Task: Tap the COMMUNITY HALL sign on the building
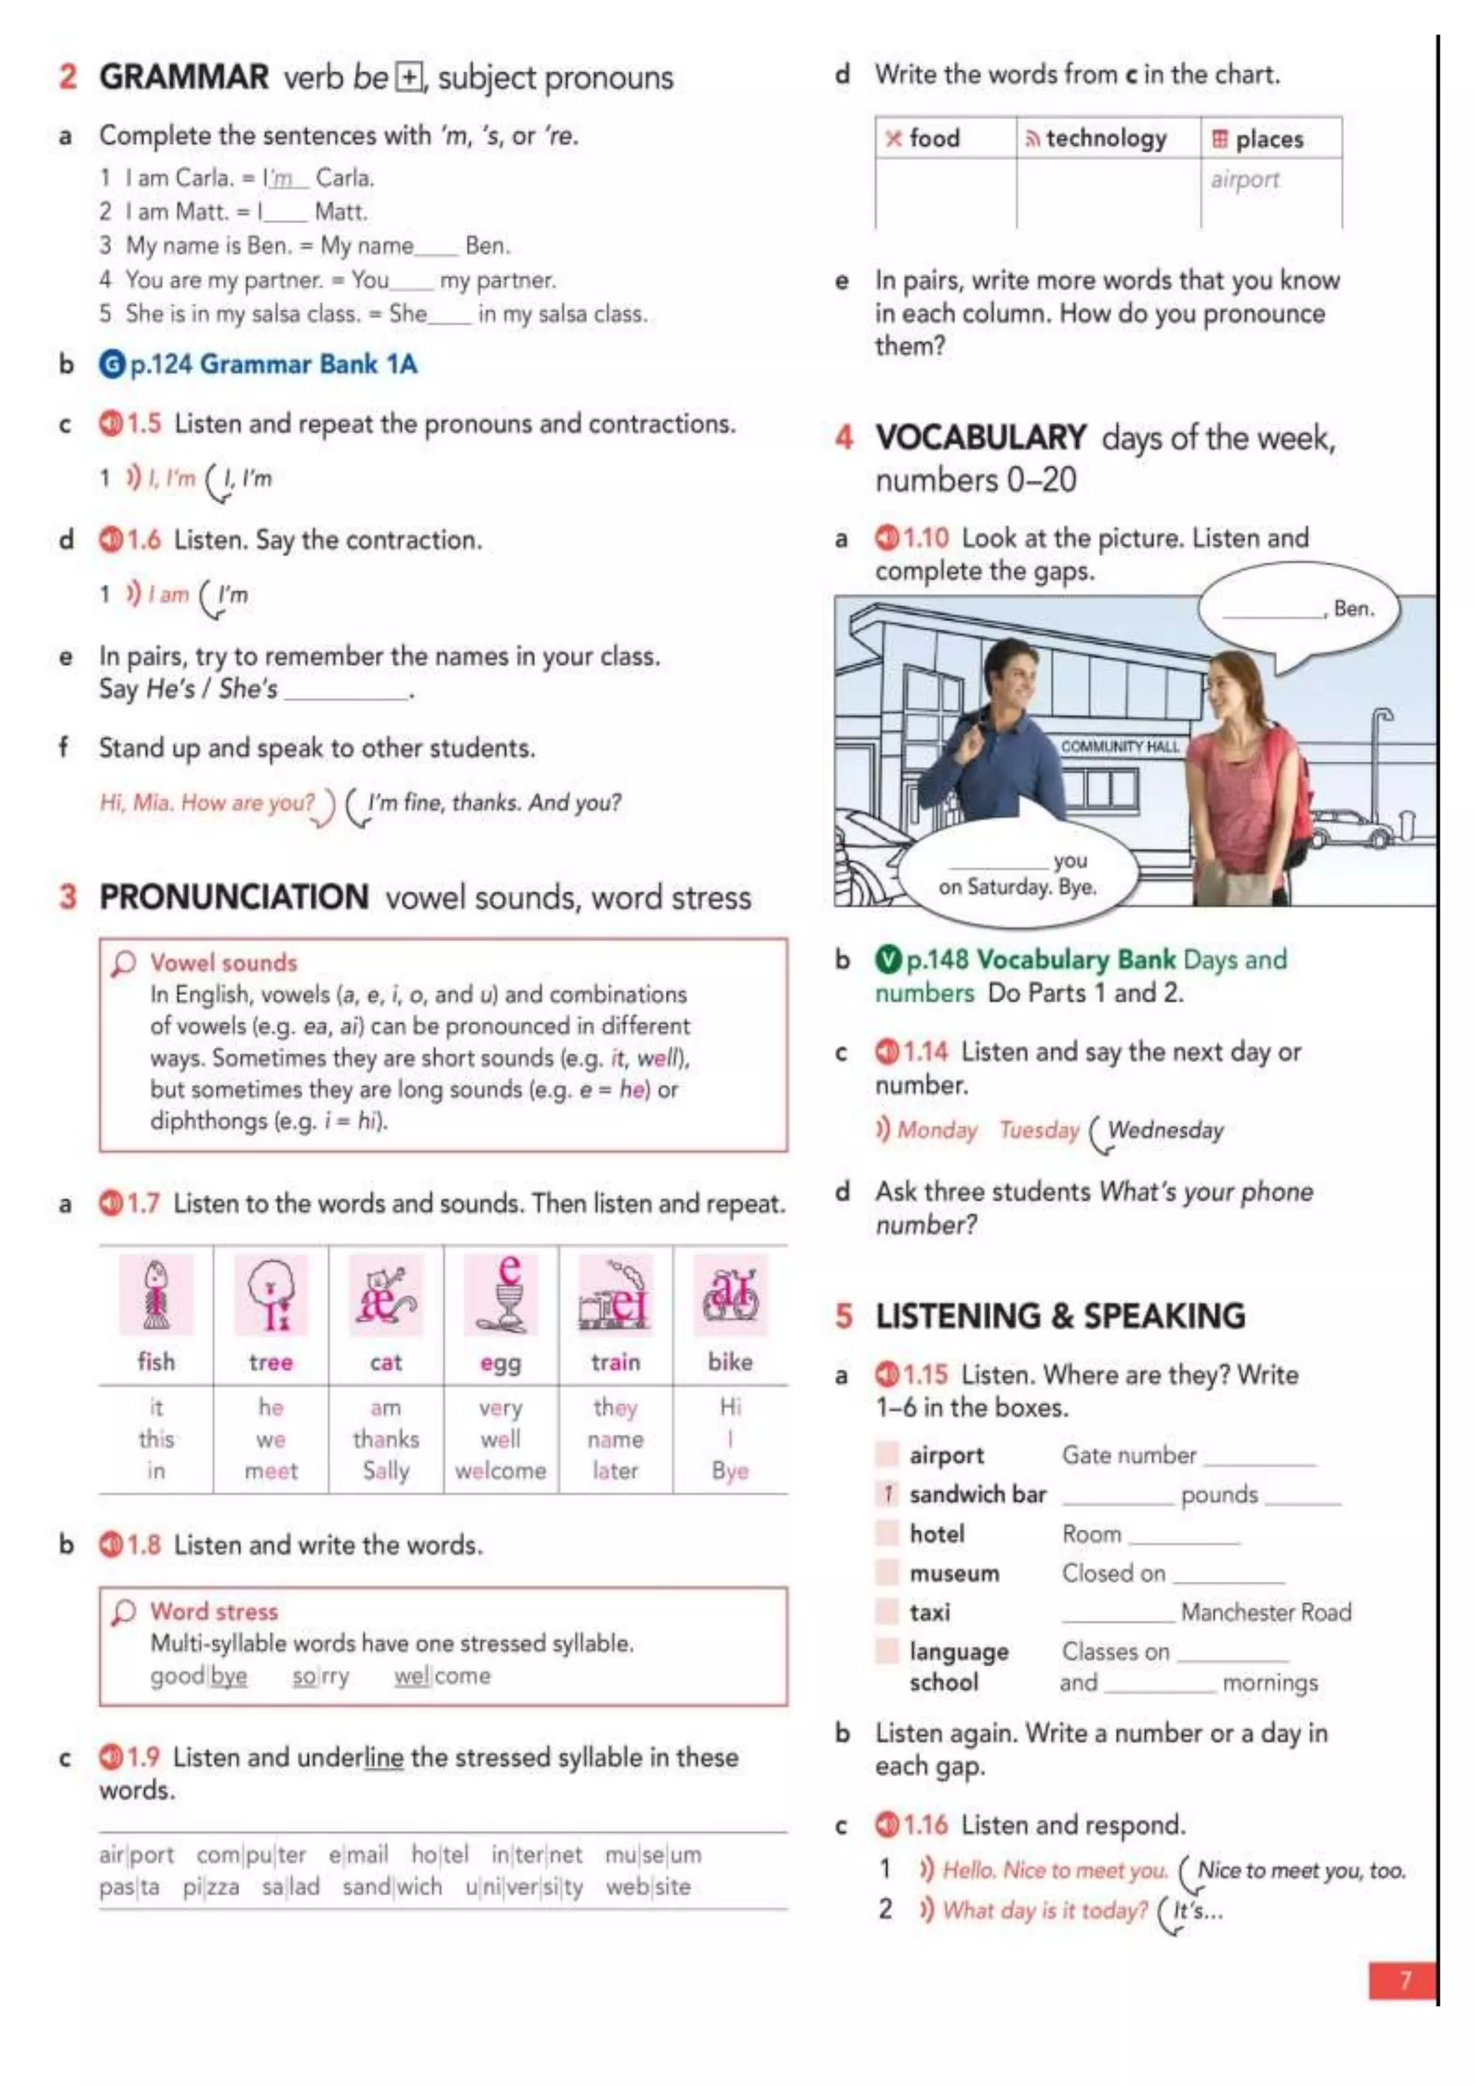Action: coord(1119,746)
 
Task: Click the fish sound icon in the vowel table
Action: coord(156,1294)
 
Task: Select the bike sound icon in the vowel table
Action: coord(730,1294)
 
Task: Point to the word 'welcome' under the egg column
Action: coord(501,1470)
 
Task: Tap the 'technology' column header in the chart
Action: coord(1106,138)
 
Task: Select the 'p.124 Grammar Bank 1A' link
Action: coord(272,364)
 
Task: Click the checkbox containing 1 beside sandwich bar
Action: coord(887,1494)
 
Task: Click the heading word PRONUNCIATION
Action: coord(233,897)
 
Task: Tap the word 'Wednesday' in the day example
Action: coord(1165,1129)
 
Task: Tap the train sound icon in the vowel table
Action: coord(615,1294)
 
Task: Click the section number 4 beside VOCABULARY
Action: coord(844,438)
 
